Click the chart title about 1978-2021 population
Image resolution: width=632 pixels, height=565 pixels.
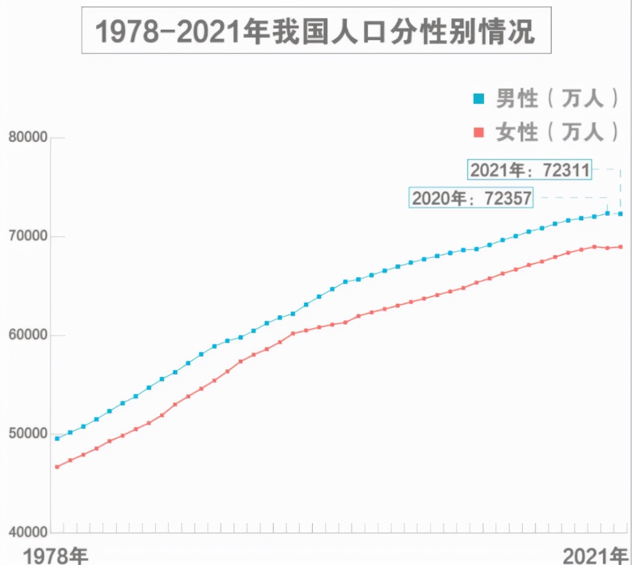(x=316, y=31)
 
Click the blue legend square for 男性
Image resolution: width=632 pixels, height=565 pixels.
(x=478, y=99)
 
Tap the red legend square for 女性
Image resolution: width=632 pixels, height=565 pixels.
(x=478, y=132)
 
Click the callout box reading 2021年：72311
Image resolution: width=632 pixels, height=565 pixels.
(x=529, y=170)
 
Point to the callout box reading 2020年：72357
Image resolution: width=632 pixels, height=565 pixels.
(x=471, y=198)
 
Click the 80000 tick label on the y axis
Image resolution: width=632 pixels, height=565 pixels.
(x=28, y=137)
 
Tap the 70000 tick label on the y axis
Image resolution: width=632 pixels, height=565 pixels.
(x=28, y=236)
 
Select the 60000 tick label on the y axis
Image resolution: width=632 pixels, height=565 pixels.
(x=28, y=335)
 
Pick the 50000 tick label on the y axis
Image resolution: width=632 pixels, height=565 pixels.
(x=28, y=433)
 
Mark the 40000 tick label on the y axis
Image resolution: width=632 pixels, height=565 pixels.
(x=28, y=532)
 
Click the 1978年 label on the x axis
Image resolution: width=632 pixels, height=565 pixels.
(x=55, y=556)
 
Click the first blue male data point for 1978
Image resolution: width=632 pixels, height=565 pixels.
(x=57, y=438)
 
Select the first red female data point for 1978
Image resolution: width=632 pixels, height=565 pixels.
(x=57, y=467)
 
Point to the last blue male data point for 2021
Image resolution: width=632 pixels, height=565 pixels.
(x=620, y=214)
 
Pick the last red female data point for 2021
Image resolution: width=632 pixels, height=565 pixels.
(x=620, y=247)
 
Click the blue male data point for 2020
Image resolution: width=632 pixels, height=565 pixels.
(x=607, y=213)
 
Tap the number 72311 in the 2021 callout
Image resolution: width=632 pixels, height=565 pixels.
(x=566, y=170)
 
